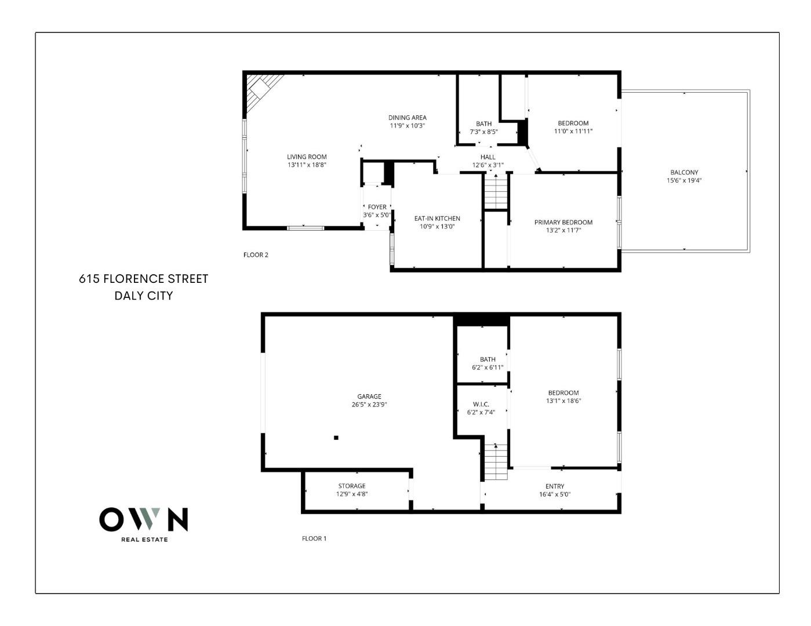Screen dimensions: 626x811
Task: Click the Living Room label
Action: pos(307,156)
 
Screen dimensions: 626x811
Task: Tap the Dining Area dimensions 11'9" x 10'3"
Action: pos(407,126)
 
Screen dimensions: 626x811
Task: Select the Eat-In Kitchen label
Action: pos(437,219)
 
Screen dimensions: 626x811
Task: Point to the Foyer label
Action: pos(377,207)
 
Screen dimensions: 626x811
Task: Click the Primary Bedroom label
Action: pos(563,222)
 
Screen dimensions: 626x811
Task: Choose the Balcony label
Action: pos(684,172)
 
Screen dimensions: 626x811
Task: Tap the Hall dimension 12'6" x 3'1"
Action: pos(488,165)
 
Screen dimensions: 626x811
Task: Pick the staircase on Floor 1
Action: pos(496,462)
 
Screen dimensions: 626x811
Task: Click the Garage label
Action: pos(369,396)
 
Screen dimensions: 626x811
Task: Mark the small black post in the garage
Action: pos(336,438)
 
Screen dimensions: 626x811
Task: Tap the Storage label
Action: pos(352,486)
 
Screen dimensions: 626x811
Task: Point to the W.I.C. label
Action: pos(481,404)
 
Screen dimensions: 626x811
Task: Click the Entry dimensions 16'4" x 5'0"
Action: pos(555,494)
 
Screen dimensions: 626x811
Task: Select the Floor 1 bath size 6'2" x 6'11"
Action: pos(488,367)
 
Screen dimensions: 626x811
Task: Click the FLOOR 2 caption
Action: pos(256,254)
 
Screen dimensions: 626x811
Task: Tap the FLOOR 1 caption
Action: pos(314,538)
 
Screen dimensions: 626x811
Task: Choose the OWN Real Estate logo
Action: pos(144,523)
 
